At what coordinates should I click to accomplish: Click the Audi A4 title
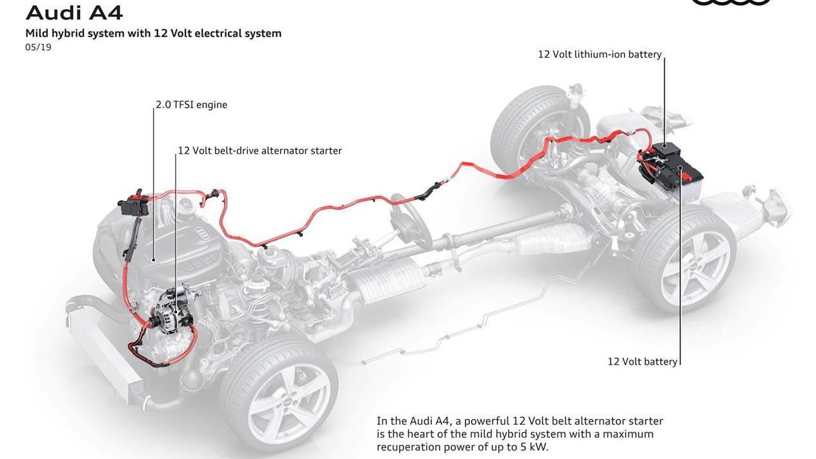74,13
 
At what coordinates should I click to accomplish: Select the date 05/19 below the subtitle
38,47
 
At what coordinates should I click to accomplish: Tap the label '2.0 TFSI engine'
192,105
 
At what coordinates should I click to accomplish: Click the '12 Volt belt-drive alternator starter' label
260,150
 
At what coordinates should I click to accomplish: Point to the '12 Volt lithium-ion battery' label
600,54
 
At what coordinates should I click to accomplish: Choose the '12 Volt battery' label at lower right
642,362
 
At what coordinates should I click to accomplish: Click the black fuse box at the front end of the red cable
134,205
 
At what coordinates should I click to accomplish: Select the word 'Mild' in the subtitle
37,34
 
